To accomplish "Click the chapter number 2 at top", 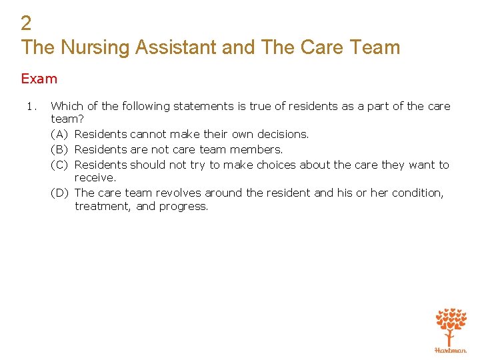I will click(26, 23).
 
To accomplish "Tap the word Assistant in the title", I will click(175, 47).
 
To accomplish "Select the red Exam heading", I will click(39, 79).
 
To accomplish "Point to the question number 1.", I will click(26, 106).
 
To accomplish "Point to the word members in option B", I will click(257, 149).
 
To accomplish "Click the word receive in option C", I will click(95, 178).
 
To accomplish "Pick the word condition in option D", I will click(417, 193).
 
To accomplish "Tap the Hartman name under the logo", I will click(451, 350).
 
